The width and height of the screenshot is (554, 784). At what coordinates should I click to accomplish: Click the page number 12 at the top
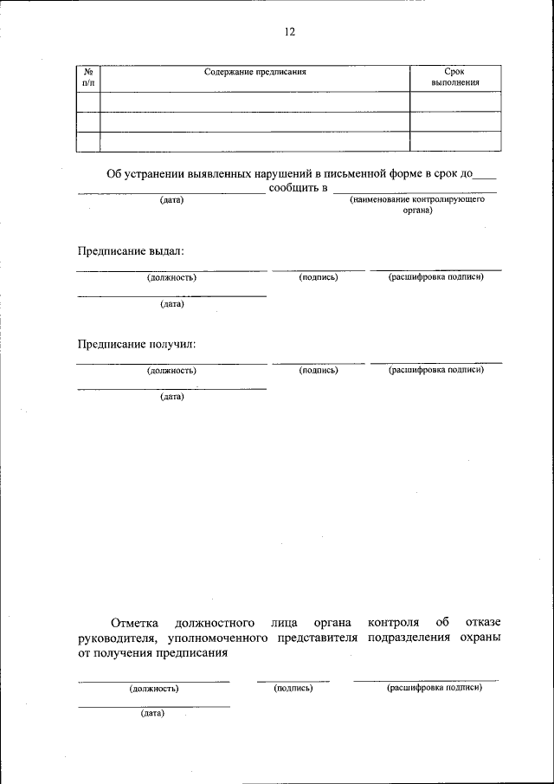click(289, 32)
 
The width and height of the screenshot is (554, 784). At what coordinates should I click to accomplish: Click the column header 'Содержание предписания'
click(255, 72)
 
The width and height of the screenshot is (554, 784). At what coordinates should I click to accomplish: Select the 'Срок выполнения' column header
click(454, 77)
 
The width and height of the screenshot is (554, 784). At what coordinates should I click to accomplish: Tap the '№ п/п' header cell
click(88, 77)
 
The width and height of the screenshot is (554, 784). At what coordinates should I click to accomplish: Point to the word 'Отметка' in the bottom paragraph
click(136, 622)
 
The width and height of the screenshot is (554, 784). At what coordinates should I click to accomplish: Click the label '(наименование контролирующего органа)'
click(416, 204)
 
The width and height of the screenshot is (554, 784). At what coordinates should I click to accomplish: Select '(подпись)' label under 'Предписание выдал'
click(318, 277)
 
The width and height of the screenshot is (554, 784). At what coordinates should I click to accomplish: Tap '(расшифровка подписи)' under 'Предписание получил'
click(435, 370)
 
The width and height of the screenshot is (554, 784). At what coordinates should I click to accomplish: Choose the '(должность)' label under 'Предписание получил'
click(171, 370)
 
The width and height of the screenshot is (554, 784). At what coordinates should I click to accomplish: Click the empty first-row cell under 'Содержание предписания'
click(254, 101)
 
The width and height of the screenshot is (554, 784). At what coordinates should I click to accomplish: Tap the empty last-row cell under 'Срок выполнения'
click(454, 141)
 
